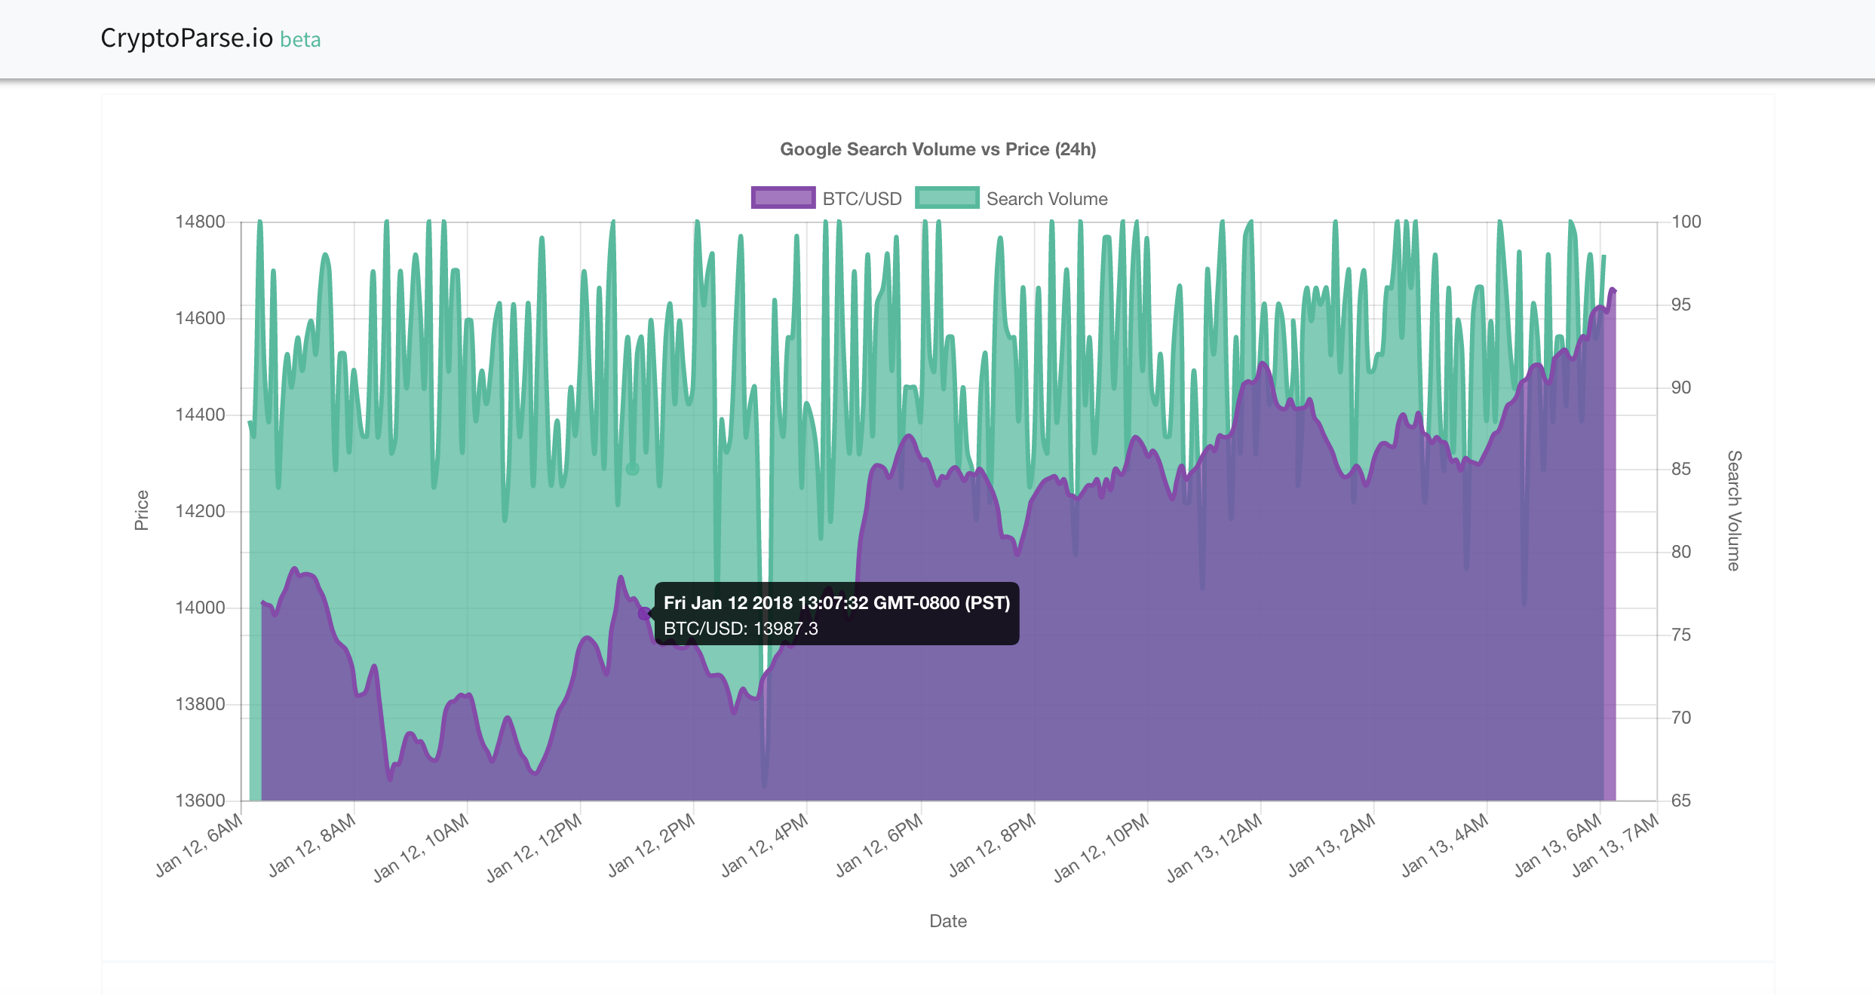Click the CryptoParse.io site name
[x=186, y=38]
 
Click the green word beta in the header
[x=300, y=39]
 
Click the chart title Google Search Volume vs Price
[x=937, y=149]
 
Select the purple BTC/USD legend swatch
[x=783, y=198]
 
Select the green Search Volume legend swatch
[x=947, y=198]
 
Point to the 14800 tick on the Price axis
[x=200, y=222]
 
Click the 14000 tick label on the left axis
[x=200, y=608]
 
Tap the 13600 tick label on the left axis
[x=200, y=801]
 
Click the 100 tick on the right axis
[x=1686, y=222]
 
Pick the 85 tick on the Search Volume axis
[x=1681, y=469]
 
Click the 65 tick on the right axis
[x=1681, y=801]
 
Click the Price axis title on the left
[x=141, y=510]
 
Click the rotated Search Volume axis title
[x=1734, y=510]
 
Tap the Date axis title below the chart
[x=948, y=921]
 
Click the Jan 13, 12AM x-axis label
[x=1215, y=847]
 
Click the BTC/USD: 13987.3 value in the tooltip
[x=741, y=629]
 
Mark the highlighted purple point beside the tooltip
[x=643, y=613]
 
